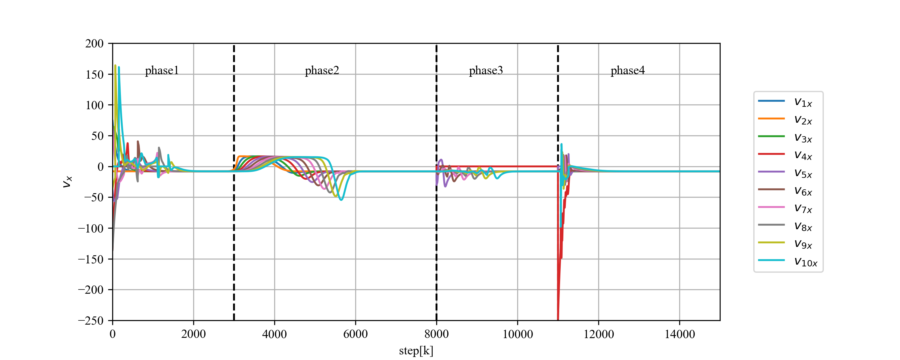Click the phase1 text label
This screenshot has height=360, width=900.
pyautogui.click(x=162, y=70)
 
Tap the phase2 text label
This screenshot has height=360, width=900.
pyautogui.click(x=322, y=70)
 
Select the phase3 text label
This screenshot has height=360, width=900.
pyautogui.click(x=486, y=70)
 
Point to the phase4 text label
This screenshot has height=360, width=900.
pyautogui.click(x=628, y=70)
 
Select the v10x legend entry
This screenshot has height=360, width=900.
pyautogui.click(x=787, y=261)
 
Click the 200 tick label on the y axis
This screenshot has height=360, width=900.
pyautogui.click(x=94, y=44)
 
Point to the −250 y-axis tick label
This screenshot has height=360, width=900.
pyautogui.click(x=91, y=320)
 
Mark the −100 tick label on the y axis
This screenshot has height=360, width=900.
pyautogui.click(x=91, y=228)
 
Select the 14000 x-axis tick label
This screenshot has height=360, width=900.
pyautogui.click(x=679, y=334)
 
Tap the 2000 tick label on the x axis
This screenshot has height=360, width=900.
pyautogui.click(x=193, y=334)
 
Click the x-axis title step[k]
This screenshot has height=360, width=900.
pyautogui.click(x=416, y=351)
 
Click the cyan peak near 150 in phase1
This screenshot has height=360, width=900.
pyautogui.click(x=119, y=67)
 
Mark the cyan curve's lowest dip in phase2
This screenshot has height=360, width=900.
pyautogui.click(x=341, y=199)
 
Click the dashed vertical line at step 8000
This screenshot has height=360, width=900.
pyautogui.click(x=436, y=182)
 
